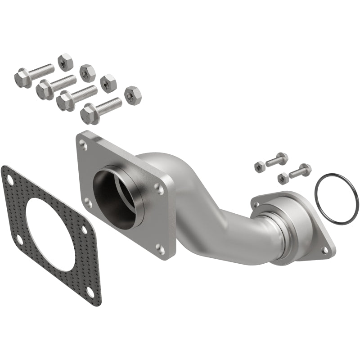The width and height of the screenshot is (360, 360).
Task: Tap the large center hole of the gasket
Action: (54, 234)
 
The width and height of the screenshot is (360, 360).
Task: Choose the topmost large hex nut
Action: (65, 62)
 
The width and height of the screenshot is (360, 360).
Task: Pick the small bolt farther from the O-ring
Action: (275, 159)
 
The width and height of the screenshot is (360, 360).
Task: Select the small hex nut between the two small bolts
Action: (283, 177)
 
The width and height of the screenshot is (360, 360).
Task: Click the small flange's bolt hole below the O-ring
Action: (324, 249)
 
